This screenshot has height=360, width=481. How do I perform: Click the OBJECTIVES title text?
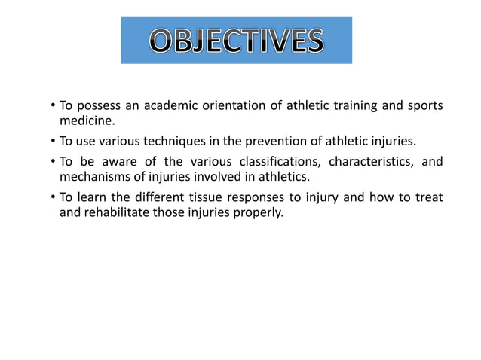tap(236, 40)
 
